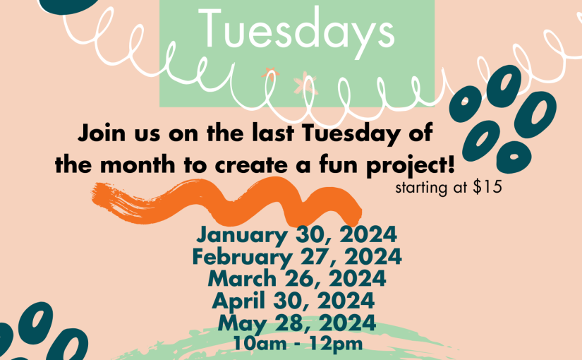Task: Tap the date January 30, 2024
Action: click(296, 235)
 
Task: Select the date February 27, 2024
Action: click(296, 257)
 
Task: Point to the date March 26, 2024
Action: click(296, 279)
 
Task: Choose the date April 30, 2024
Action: click(293, 301)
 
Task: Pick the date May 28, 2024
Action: click(296, 323)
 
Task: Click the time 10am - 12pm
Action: click(296, 344)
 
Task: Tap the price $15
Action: click(487, 187)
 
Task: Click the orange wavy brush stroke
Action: click(226, 203)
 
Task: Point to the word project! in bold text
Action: click(410, 165)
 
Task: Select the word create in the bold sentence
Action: click(251, 165)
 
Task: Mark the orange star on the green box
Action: click(270, 73)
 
